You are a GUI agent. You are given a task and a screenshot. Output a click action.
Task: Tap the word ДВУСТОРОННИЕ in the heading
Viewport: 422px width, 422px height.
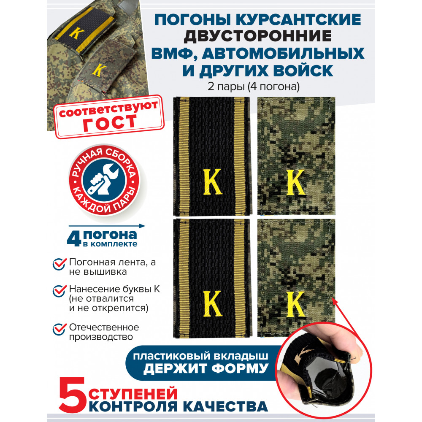tap(257, 36)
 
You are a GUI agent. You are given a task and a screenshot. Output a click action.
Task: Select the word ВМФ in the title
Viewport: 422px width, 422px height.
tap(174, 53)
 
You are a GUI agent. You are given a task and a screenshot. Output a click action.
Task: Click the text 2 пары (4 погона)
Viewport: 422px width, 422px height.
tap(254, 87)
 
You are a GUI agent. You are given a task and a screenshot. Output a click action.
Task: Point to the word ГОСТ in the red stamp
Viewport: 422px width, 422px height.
tap(110, 123)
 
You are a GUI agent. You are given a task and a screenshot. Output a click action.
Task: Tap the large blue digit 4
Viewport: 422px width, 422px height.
tap(74, 238)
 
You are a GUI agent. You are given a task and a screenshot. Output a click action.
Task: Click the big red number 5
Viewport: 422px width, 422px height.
tap(72, 394)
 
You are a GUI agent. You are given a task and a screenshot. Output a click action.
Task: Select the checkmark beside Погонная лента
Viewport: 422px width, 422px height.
tap(59, 263)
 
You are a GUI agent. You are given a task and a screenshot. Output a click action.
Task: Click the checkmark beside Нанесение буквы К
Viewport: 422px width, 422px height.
tap(59, 290)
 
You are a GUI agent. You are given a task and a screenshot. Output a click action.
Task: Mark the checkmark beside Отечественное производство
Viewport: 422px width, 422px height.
tap(59, 329)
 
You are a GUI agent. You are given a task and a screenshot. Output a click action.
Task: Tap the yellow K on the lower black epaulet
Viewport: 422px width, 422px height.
tap(212, 303)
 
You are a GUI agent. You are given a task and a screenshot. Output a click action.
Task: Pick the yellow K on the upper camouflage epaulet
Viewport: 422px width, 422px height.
tap(295, 182)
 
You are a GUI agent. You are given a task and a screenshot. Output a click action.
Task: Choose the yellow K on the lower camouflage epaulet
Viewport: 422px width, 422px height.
tap(295, 304)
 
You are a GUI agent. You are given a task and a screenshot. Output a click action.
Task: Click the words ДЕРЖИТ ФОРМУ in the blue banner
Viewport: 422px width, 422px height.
tap(206, 368)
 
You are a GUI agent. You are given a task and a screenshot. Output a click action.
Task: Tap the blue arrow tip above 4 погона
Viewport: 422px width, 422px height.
tap(143, 226)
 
